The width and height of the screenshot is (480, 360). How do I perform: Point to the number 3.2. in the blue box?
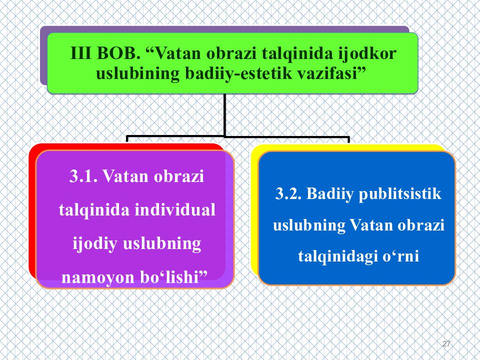[x=288, y=193]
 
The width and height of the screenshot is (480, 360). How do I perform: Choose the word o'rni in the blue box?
[x=401, y=256]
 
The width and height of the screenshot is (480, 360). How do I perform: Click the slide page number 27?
[x=446, y=343]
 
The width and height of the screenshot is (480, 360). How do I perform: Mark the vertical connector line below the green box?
[x=225, y=114]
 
